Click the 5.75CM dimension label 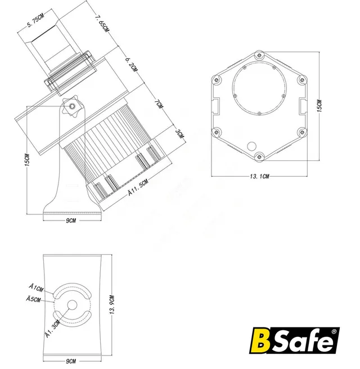(35, 21)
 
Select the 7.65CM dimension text (102, 24)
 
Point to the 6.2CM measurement (131, 64)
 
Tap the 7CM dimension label (159, 103)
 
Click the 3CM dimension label (179, 134)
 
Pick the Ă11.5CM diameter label (138, 187)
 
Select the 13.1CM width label (259, 176)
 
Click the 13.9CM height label (112, 305)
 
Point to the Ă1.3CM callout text (53, 329)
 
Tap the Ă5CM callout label (33, 299)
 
